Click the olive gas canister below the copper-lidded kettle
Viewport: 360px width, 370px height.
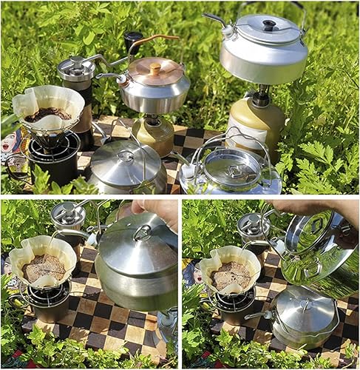154,135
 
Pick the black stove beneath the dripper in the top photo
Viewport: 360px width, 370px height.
53,158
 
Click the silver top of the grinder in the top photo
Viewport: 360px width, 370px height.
76,68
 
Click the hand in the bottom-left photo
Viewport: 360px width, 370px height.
157,209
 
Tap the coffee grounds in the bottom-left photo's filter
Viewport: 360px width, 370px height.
42,268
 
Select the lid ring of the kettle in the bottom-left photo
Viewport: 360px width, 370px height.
142,233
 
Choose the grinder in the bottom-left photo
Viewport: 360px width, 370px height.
69,221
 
